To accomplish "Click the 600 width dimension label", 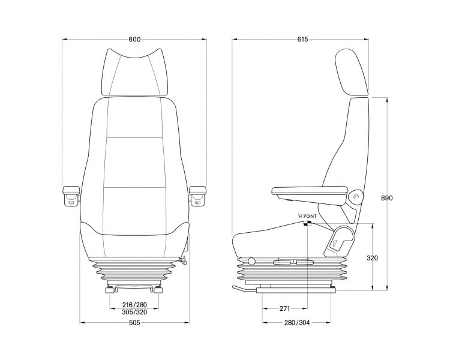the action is [134, 40].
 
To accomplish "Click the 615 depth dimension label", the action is [302, 40].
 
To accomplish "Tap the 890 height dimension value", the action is [386, 198].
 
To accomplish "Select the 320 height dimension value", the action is [372, 258].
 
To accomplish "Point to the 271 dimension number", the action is [284, 308].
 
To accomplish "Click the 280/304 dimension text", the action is [297, 323].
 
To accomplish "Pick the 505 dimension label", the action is [134, 323].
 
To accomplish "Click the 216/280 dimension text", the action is [134, 305].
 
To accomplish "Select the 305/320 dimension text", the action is [134, 312].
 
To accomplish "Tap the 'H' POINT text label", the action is [307, 216].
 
